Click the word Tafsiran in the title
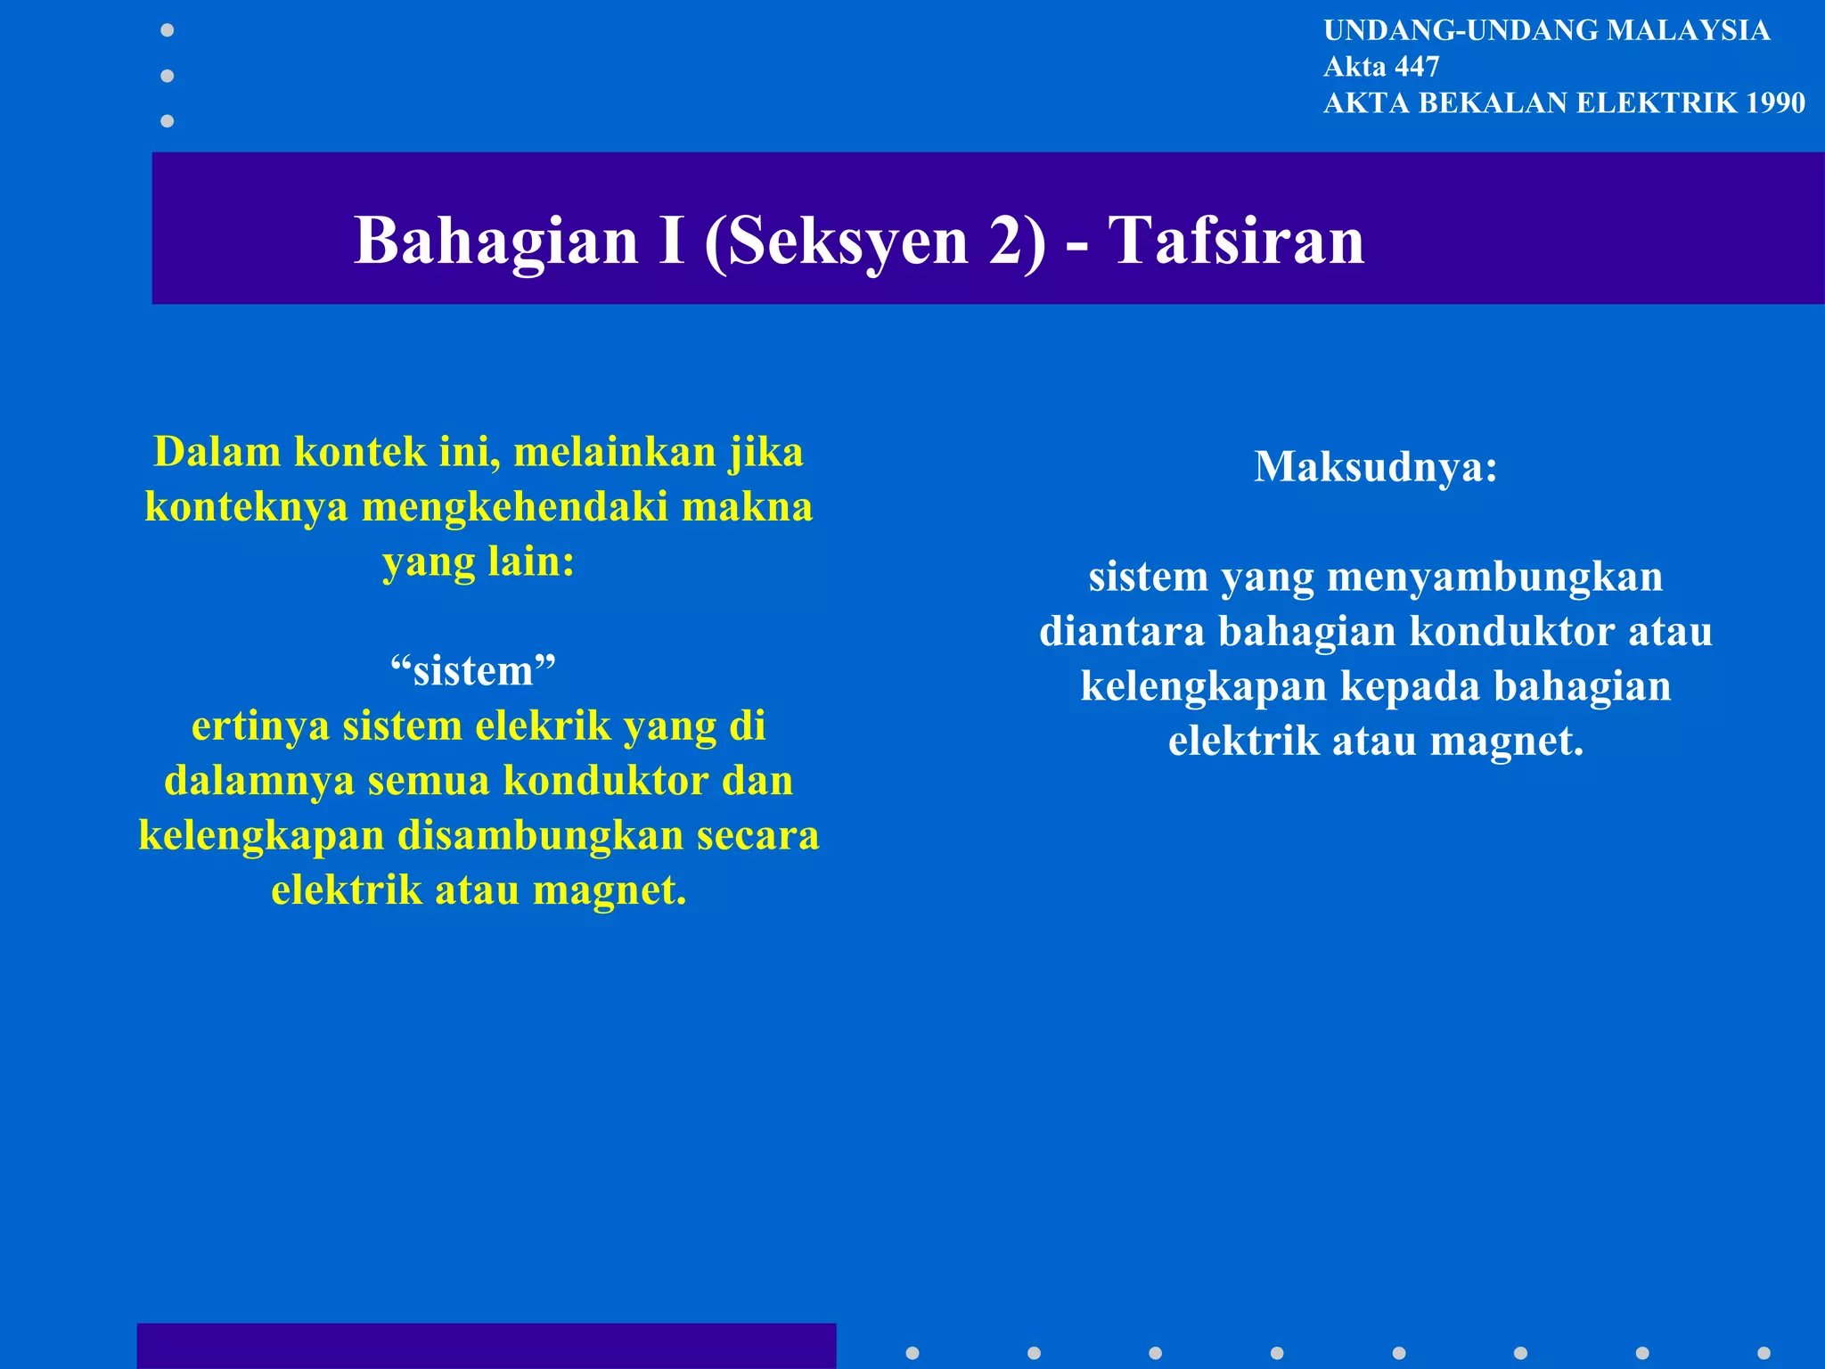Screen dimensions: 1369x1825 tap(1236, 241)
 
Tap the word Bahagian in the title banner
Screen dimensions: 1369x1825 tap(496, 241)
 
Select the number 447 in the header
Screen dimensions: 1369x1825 tap(1417, 67)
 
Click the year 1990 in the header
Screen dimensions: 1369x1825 tap(1775, 103)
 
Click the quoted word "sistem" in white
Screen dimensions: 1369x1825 tap(473, 670)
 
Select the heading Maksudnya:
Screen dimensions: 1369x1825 tap(1376, 466)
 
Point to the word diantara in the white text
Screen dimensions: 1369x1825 tap(1122, 631)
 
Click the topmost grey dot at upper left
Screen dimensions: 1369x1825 tap(167, 30)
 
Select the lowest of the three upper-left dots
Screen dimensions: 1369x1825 tap(167, 120)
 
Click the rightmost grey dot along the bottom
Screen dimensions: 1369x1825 tap(1764, 1353)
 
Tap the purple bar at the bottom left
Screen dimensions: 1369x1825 tap(486, 1346)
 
